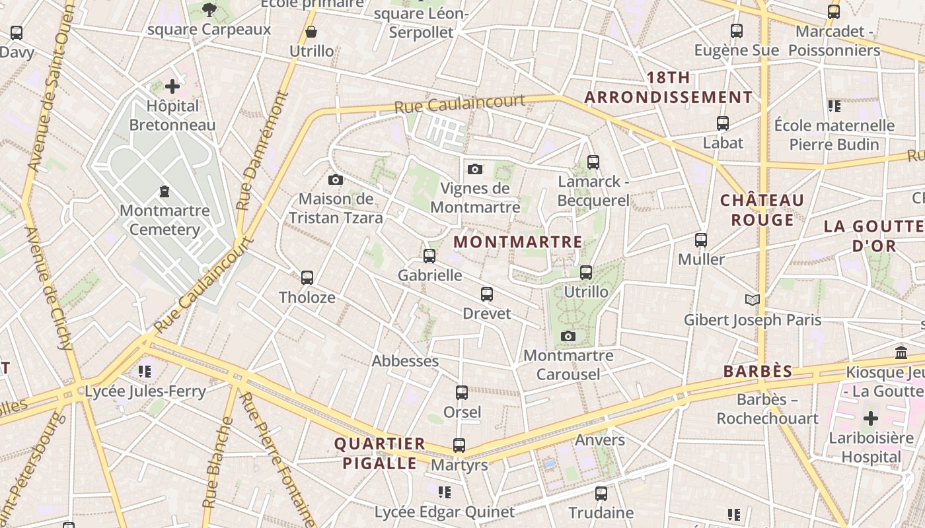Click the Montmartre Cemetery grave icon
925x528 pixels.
[164, 191]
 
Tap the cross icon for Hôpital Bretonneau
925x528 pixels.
[172, 86]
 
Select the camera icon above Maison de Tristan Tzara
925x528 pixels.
[335, 180]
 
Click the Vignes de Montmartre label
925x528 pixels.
[475, 198]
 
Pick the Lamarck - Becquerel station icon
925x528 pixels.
[593, 162]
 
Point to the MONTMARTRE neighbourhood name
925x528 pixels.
[518, 242]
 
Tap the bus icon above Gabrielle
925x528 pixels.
[429, 256]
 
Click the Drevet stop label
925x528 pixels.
[487, 313]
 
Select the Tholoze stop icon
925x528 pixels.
[307, 278]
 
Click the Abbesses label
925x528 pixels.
[405, 361]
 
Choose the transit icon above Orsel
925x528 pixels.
[462, 393]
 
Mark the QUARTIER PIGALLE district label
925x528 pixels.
[379, 453]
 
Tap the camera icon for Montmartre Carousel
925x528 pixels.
[568, 337]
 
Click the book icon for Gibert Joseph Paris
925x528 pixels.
[752, 300]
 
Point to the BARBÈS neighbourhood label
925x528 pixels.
[757, 372]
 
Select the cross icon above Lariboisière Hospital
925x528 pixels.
[871, 418]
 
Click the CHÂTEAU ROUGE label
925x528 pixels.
[762, 210]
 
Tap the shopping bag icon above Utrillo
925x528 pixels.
[311, 32]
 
